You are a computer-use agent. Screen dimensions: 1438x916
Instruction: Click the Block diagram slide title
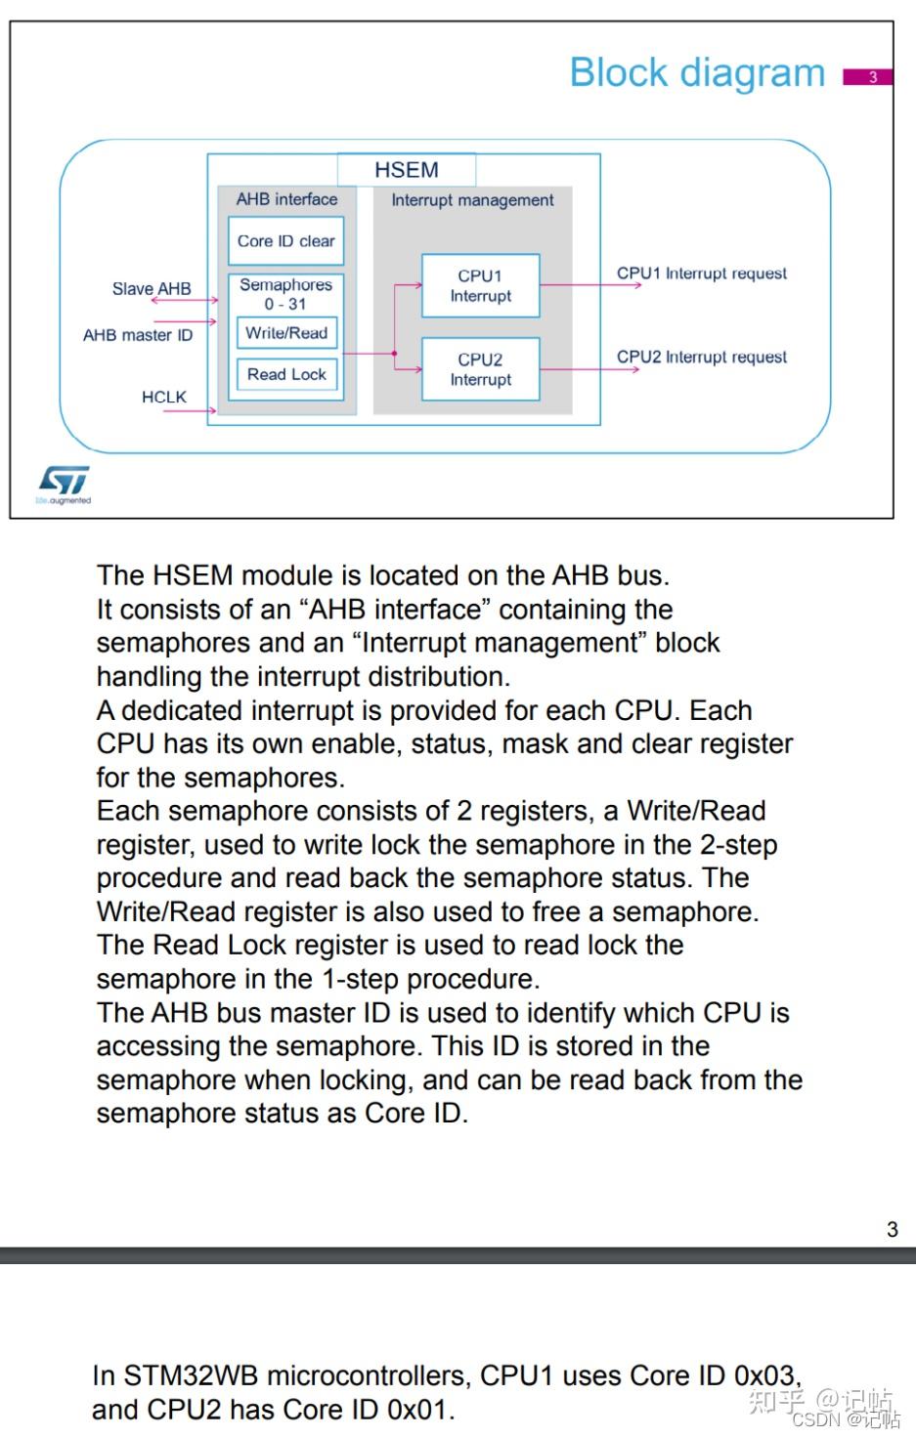[x=697, y=73]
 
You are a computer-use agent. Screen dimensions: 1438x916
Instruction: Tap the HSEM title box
[x=407, y=170]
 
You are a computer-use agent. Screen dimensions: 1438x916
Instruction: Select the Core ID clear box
[x=285, y=241]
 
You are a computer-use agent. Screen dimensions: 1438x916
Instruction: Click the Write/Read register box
[x=286, y=333]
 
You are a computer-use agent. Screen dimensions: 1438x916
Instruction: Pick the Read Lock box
[x=286, y=374]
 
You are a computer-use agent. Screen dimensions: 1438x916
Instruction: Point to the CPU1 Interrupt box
[x=480, y=286]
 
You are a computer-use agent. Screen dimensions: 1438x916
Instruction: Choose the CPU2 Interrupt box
[x=480, y=369]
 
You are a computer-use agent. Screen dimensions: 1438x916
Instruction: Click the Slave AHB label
[x=152, y=289]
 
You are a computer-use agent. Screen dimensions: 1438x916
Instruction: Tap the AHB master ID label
[x=138, y=335]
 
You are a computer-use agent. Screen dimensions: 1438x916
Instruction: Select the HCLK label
[x=163, y=397]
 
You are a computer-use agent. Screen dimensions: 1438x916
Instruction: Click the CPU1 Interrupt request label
[x=701, y=274]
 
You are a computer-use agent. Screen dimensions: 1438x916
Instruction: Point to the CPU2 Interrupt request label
[x=701, y=358]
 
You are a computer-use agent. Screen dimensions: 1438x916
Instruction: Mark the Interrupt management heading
[x=472, y=200]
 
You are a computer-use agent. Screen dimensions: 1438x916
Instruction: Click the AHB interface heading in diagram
[x=286, y=199]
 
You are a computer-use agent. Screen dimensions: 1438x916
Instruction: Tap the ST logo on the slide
[x=64, y=482]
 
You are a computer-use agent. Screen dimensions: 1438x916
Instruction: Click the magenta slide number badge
[x=868, y=77]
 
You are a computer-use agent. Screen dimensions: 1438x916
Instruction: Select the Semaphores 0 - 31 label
[x=285, y=294]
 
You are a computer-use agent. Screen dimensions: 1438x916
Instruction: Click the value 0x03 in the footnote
[x=765, y=1375]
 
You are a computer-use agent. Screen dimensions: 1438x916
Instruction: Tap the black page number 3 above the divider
[x=892, y=1229]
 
